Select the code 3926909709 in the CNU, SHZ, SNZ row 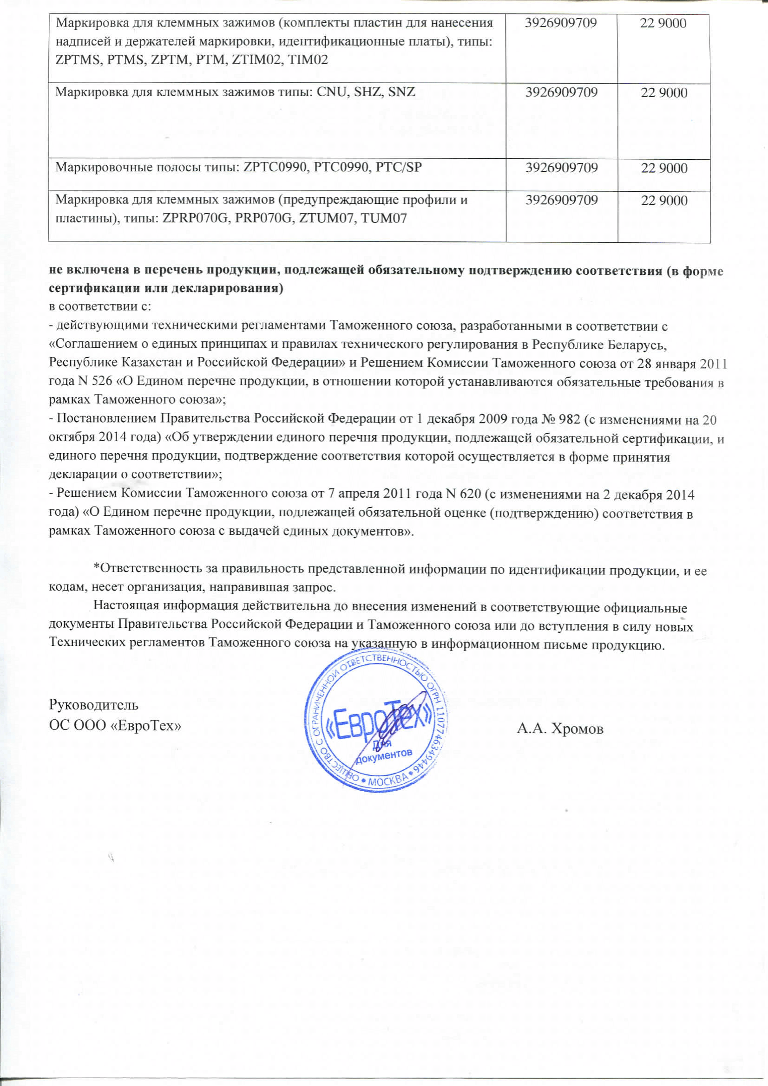pyautogui.click(x=561, y=92)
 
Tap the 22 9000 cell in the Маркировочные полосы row pyautogui.click(x=664, y=169)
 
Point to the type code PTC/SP pyautogui.click(x=399, y=168)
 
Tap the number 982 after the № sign pyautogui.click(x=570, y=419)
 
